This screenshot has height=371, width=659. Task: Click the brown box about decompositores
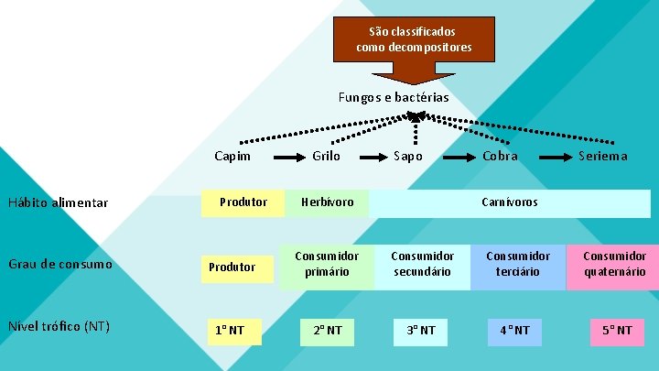coord(415,39)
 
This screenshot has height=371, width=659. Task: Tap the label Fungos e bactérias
coord(393,97)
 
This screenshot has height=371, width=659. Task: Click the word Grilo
coord(326,156)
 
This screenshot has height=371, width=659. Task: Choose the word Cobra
coord(501,156)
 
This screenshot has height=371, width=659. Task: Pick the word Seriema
coord(603,156)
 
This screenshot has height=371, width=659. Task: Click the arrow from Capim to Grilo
coord(288,158)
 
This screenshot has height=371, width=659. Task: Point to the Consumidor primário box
coord(327,265)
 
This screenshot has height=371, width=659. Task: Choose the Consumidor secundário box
coord(422,265)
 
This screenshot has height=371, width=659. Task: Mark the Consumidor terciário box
coord(518,265)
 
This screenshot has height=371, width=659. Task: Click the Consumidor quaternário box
coord(613,265)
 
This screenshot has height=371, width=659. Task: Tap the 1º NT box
coord(234,330)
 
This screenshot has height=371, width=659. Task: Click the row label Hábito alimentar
coord(58,202)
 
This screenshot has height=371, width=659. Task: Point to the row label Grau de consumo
coord(60,265)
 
